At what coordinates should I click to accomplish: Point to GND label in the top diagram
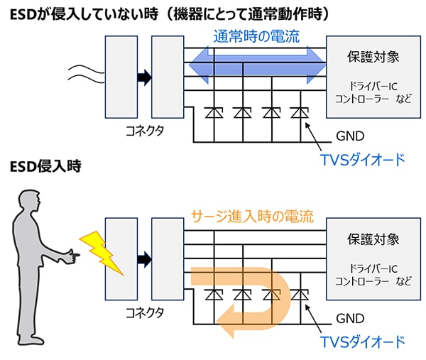point(347,135)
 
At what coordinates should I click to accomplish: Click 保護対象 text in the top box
point(366,56)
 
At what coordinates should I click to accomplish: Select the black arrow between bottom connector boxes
point(144,258)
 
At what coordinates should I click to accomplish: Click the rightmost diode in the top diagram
point(297,111)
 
